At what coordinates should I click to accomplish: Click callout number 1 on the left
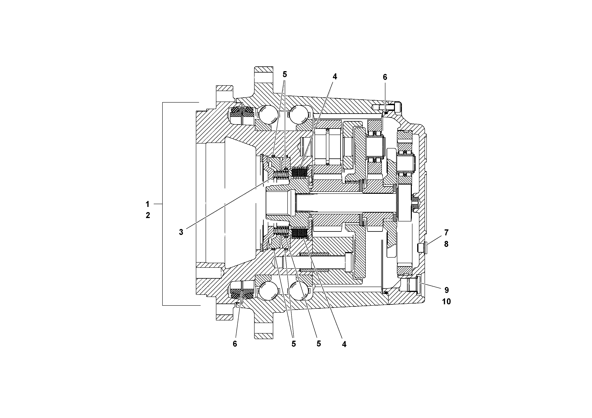(x=148, y=204)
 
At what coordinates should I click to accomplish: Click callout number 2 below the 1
(x=148, y=215)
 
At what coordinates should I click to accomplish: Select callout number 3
(x=181, y=232)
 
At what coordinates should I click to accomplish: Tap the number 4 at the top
(x=335, y=77)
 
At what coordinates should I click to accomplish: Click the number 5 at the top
(x=285, y=75)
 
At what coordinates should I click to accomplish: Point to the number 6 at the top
(x=385, y=77)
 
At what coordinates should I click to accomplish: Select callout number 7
(x=446, y=232)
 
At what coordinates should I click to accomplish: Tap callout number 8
(x=446, y=244)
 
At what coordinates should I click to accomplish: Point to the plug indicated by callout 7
(x=422, y=248)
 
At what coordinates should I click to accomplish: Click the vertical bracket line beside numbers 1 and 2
(x=162, y=204)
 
